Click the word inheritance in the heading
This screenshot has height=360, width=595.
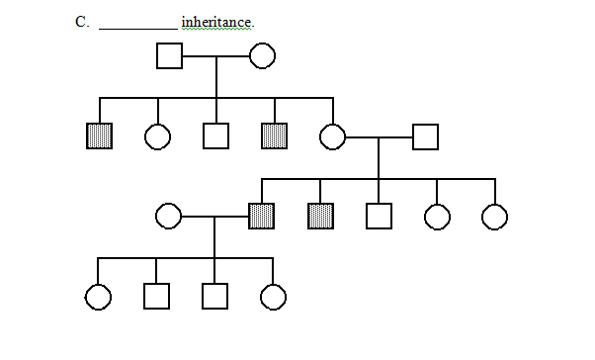coord(217,22)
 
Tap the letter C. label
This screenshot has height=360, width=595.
coord(82,22)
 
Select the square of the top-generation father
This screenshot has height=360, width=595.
coord(169,56)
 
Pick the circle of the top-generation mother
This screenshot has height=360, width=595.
coord(262,56)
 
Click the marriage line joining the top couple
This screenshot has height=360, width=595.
coord(215,56)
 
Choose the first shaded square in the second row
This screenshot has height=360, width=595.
coord(99,136)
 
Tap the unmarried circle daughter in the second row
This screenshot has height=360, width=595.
coord(157,136)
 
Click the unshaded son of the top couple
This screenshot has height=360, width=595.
coord(215,136)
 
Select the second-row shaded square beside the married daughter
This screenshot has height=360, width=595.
coord(274,136)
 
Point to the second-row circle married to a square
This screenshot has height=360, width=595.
coord(332,136)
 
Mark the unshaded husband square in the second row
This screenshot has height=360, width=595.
coord(425,136)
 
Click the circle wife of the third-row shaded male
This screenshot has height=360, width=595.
coord(168,216)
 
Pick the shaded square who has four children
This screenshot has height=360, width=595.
coord(262,216)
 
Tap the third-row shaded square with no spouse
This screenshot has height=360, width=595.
coord(320,216)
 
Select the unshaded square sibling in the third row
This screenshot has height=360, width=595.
coord(379,216)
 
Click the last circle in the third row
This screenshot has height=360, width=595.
coord(494,216)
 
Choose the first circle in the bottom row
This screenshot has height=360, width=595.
coord(99,296)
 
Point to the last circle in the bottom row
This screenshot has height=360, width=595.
coord(273,296)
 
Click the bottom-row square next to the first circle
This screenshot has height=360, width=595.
coord(157,296)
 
